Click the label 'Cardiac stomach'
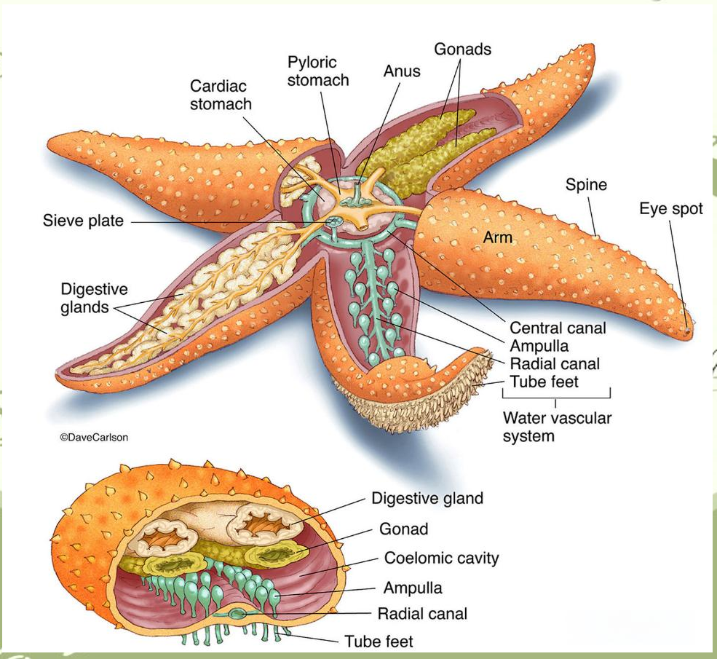tap(221, 95)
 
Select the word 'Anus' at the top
tap(401, 71)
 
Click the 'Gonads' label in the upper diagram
tap(462, 50)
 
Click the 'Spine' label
tap(586, 184)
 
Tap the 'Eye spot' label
tap(671, 209)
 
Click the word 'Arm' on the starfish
tap(498, 237)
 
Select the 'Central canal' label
tap(558, 328)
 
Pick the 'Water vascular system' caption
tap(557, 427)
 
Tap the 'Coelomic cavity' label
tap(441, 559)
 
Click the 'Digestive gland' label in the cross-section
tap(427, 499)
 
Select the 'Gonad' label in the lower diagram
tap(403, 529)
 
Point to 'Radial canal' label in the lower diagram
tap(422, 613)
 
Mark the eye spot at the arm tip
tap(686, 333)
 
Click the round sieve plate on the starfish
tap(334, 221)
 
